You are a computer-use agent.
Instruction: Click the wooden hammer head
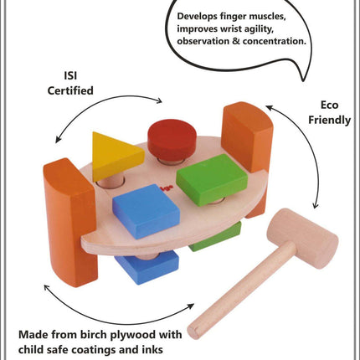point(303,238)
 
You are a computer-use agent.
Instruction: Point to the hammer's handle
point(241,286)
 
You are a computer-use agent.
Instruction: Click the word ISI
point(70,75)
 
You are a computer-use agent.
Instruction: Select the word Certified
point(70,90)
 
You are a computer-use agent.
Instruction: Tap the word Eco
point(329,105)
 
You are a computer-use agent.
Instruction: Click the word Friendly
point(329,120)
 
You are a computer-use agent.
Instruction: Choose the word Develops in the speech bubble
point(197,16)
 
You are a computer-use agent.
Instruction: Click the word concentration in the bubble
point(275,41)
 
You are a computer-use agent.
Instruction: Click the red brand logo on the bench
point(166,187)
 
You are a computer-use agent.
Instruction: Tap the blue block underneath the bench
point(147,266)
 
